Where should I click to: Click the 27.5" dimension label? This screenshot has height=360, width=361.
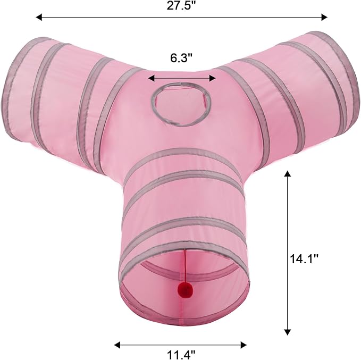(x=182, y=5)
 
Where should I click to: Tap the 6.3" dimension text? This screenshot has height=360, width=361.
(x=181, y=58)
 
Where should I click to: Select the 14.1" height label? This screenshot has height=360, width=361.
(x=304, y=259)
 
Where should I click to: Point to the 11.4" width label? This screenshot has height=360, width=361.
(x=181, y=355)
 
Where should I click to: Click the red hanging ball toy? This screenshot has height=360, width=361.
(x=186, y=290)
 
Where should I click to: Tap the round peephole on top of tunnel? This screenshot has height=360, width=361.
(x=181, y=104)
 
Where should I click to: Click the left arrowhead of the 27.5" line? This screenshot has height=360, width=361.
(x=39, y=17)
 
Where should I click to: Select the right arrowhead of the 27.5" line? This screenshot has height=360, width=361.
(x=324, y=17)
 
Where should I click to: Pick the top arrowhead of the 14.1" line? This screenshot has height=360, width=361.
(x=287, y=174)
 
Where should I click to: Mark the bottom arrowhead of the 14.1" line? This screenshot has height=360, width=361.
(x=287, y=332)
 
